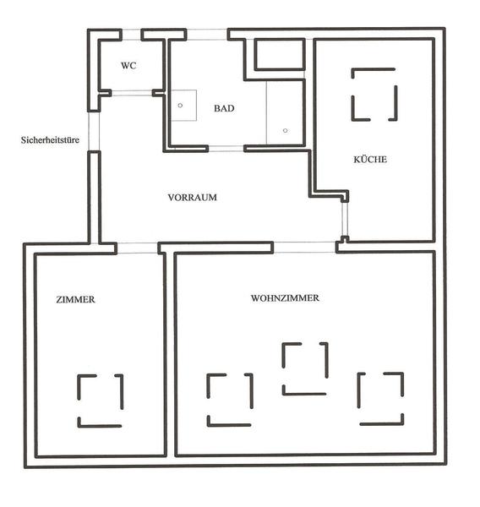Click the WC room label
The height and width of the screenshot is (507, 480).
pos(128,66)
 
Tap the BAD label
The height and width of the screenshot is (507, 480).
pos(224,108)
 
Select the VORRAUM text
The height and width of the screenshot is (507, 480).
pos(193,197)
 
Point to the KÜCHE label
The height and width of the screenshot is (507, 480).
pos(370,159)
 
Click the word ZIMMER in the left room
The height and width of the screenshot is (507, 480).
pos(76,299)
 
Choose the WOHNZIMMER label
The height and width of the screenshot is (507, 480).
pos(285,297)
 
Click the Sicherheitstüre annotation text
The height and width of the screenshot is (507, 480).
pos(50,140)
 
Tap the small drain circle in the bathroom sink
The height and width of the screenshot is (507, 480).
pos(180,106)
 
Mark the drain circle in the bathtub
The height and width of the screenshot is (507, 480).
pos(285,131)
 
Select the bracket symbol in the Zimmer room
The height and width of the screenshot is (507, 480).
pos(79,388)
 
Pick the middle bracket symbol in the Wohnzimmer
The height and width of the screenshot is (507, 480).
pos(284,356)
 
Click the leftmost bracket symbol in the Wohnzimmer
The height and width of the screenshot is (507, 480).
pos(208,386)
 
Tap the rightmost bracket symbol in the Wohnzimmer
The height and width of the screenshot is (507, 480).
pos(358,391)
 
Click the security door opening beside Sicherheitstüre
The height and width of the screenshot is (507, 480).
pos(94,131)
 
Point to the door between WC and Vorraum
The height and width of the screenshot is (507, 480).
pos(132,93)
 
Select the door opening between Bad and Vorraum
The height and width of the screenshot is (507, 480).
pos(226,149)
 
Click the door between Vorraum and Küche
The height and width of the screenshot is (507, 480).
pos(345,220)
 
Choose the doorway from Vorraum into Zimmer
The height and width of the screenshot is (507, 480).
pos(137,248)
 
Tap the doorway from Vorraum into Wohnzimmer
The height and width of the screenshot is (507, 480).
pos(304,248)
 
